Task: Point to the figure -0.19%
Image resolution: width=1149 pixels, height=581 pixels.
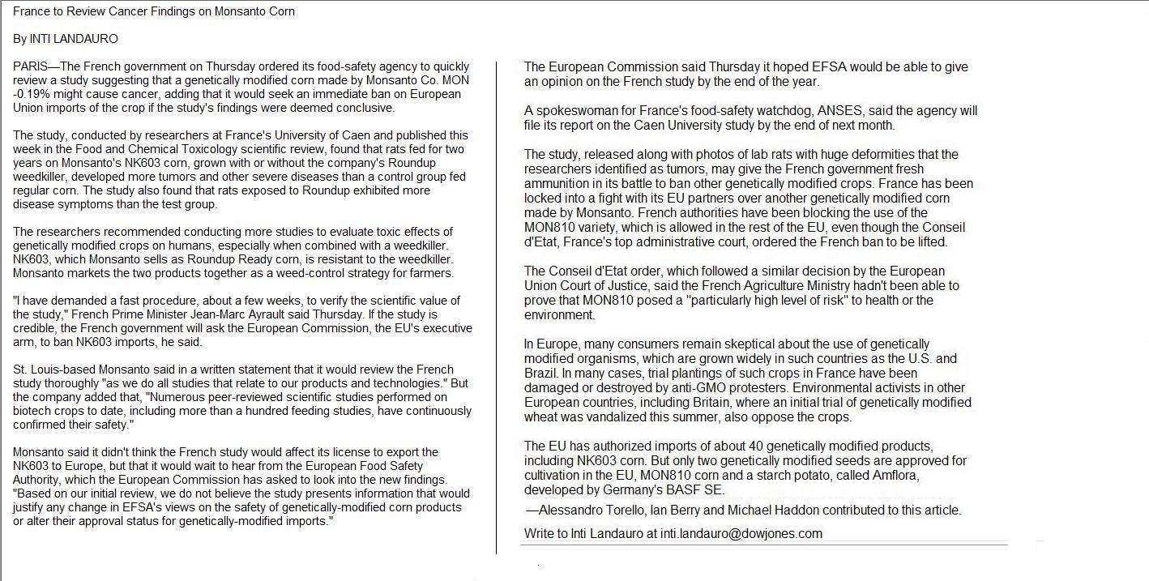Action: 33,94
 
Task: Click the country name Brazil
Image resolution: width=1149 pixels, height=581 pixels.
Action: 540,374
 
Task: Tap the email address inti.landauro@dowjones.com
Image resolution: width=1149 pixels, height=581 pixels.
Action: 741,534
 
